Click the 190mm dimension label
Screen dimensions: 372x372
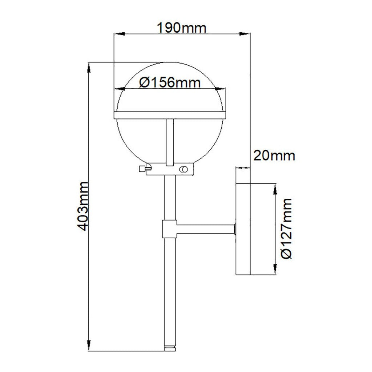182,28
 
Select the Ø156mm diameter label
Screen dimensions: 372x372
170,83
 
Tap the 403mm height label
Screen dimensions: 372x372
83,206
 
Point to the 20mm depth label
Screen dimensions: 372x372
275,156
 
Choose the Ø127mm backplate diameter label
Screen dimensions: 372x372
286,229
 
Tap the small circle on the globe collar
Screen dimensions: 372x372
183,169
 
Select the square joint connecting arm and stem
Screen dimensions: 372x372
170,229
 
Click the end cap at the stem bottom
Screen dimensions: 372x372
170,348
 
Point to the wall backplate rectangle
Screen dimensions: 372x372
243,229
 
